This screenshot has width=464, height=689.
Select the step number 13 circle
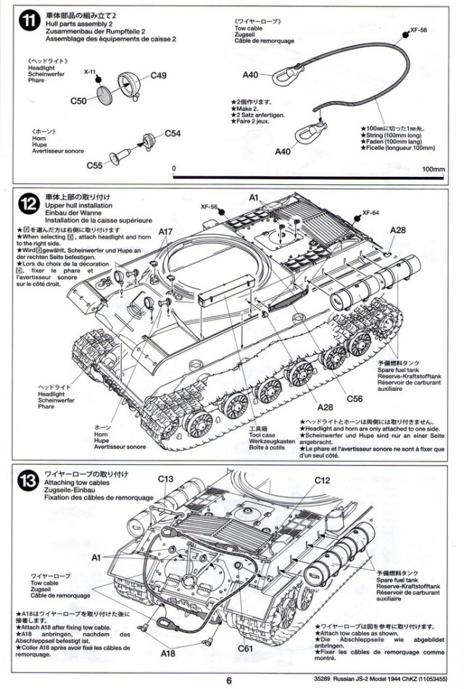point(27,480)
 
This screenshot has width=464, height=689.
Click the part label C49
point(159,75)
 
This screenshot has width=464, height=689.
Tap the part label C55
point(95,165)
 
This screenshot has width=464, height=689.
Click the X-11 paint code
point(90,73)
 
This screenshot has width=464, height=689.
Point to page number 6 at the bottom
point(229,680)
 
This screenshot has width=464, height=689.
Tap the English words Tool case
point(242,434)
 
